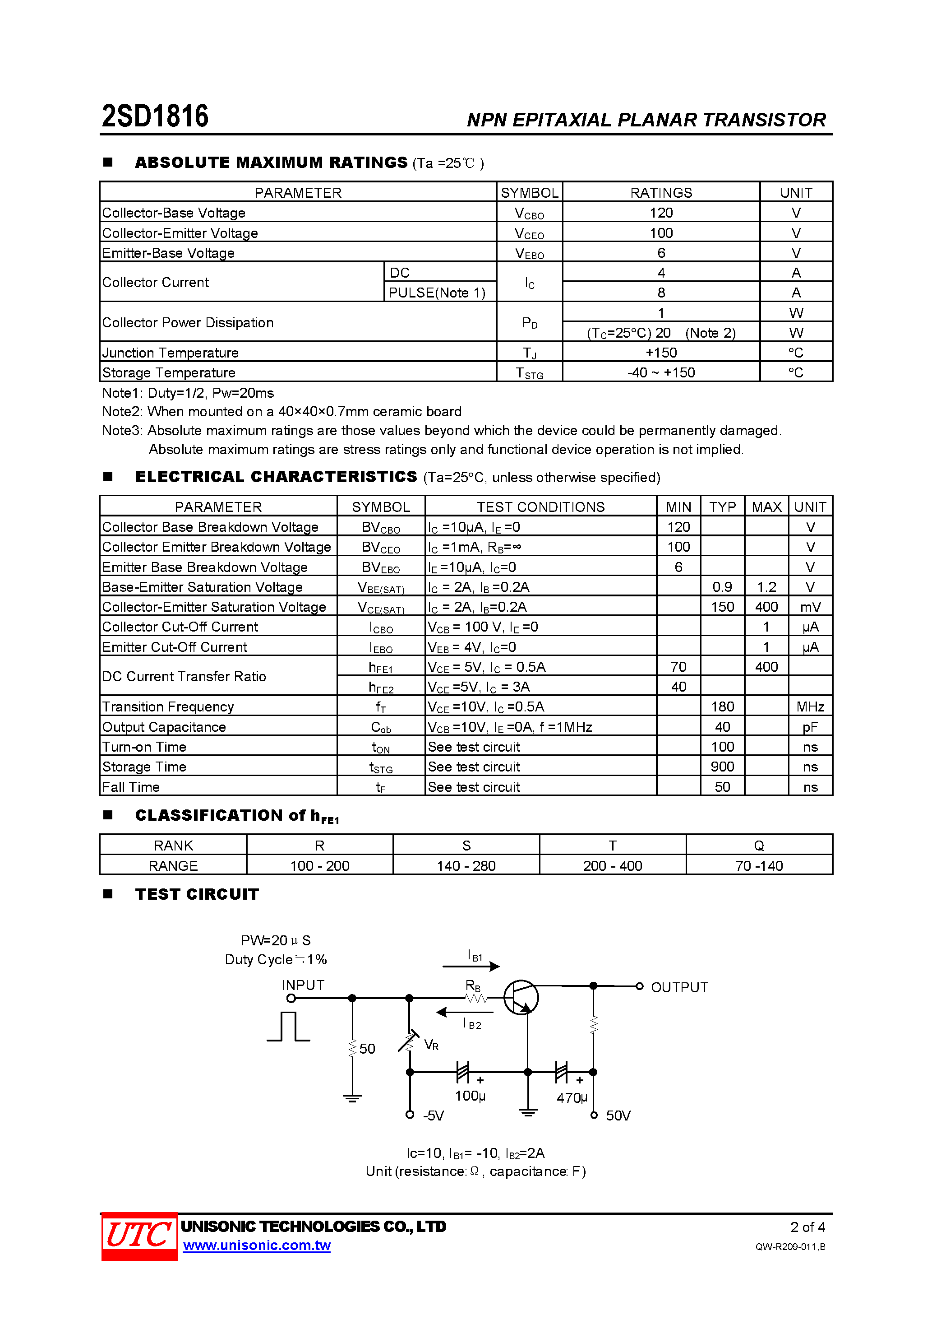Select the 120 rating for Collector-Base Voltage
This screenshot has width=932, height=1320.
[x=661, y=213]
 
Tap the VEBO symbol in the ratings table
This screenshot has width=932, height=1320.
[x=529, y=253]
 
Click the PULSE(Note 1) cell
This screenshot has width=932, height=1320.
[x=437, y=293]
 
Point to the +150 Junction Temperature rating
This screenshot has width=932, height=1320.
[x=661, y=353]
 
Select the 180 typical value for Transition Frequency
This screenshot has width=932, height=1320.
[x=722, y=706]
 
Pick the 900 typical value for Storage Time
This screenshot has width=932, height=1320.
[x=722, y=767]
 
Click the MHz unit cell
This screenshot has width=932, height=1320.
[x=810, y=706]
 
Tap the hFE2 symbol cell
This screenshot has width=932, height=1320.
[x=381, y=687]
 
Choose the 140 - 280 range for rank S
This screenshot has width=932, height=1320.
[x=466, y=866]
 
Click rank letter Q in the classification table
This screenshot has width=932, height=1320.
[x=759, y=846]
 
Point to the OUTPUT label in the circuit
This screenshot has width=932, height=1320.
[x=679, y=987]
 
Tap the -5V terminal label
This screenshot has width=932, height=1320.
[x=433, y=1116]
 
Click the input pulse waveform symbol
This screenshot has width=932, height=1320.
[x=288, y=1027]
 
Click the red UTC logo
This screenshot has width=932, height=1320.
[x=139, y=1236]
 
